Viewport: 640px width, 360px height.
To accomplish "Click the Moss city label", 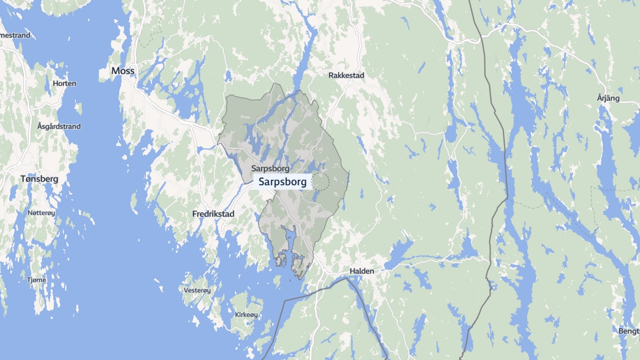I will click(123, 70).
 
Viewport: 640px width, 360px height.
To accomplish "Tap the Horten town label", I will click(65, 84).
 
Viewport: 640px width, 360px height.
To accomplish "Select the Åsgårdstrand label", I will click(59, 126).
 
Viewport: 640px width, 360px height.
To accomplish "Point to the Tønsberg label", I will click(39, 179).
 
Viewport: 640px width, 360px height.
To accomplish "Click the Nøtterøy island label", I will click(41, 213).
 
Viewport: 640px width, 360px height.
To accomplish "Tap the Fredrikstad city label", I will click(213, 213).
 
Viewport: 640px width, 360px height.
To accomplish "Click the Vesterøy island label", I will click(197, 290).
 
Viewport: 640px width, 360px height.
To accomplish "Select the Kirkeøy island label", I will click(246, 315).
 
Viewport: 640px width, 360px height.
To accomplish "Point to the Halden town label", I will click(362, 271).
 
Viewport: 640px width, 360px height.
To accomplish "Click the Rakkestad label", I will click(346, 76).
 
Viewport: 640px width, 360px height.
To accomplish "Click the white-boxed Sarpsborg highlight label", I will click(283, 182).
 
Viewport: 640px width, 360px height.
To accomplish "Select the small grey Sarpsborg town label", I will click(270, 169).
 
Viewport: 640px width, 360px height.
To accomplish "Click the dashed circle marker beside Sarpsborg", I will click(321, 181).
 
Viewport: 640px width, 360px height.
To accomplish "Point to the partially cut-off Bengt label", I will click(629, 331).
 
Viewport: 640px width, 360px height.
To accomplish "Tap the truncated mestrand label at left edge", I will click(15, 36).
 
